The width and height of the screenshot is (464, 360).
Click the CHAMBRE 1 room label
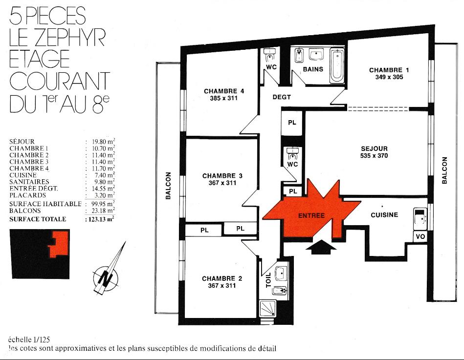[389, 70]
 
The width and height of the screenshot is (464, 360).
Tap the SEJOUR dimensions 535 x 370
[374, 156]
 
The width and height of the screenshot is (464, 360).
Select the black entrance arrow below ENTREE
[321, 247]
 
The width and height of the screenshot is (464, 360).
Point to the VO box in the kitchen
[420, 236]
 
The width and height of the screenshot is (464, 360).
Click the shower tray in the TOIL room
[267, 309]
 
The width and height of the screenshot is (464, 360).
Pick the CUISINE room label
[384, 215]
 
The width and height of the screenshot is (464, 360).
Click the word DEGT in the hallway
[282, 97]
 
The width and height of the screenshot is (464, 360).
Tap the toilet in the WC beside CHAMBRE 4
[270, 55]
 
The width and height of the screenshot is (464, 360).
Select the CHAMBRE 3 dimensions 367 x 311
[222, 183]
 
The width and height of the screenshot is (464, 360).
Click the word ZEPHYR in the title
[69, 37]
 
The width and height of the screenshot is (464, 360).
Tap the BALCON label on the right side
[444, 170]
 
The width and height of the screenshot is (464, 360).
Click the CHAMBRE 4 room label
[224, 91]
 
